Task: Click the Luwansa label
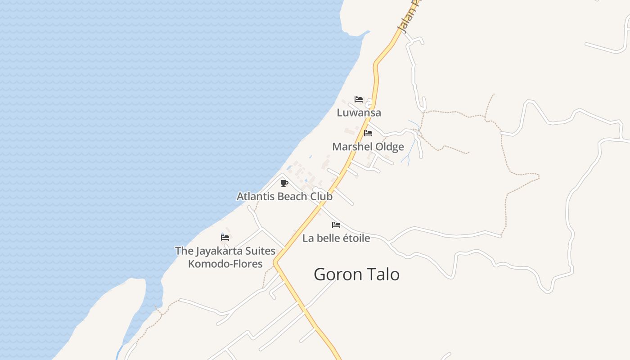pos(359,112)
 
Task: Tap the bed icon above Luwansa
pos(359,99)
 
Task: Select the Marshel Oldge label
pos(368,147)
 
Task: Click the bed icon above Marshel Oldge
pos(368,133)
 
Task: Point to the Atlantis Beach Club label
pos(284,197)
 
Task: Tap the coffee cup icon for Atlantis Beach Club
pos(284,183)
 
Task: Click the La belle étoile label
pos(336,238)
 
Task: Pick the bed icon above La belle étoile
pos(336,225)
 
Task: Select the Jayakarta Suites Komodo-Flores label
pos(225,257)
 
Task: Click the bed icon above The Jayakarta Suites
pos(225,238)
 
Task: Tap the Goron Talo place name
pos(356,274)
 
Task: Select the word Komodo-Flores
pos(225,264)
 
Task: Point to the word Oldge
pos(389,147)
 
